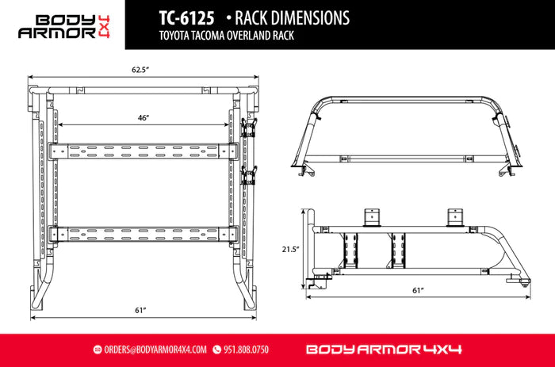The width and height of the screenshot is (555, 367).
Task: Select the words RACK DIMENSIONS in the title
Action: point(289,17)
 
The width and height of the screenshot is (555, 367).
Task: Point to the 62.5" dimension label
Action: point(140,70)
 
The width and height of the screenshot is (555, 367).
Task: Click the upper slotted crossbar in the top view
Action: point(144,151)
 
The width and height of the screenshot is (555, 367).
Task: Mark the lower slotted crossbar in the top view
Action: point(144,234)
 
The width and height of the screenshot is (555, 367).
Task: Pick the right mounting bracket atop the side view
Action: point(456,217)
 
